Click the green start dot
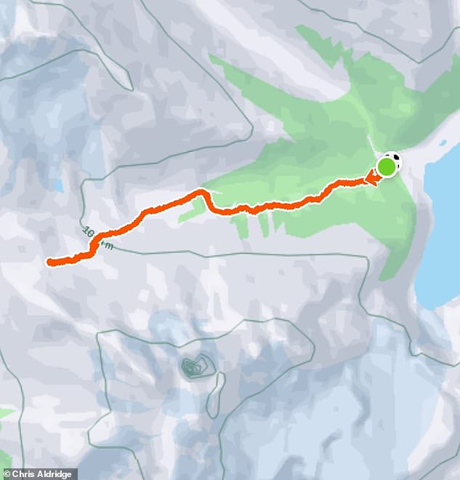387,168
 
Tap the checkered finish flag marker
394,160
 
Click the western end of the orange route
49,262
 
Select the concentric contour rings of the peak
193,367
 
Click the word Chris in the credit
23,474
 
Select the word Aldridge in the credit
54,474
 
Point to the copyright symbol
6,474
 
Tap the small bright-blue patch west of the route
58,185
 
